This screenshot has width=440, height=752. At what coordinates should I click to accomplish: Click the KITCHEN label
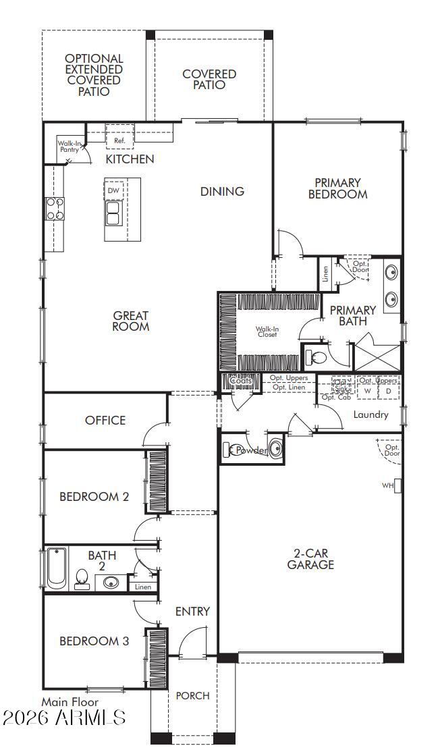[x=130, y=159]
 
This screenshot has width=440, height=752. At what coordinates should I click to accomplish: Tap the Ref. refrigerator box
[x=119, y=140]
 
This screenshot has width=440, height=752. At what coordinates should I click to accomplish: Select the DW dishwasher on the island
[x=113, y=190]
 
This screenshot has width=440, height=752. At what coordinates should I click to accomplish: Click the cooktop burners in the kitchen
[x=55, y=209]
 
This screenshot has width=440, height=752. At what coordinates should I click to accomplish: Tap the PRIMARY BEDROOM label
[x=337, y=188]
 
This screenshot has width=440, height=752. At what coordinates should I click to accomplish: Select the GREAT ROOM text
[x=131, y=321]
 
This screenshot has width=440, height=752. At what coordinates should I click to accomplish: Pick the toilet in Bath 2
[x=82, y=579]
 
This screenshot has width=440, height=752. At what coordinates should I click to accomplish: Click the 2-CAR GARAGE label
[x=310, y=559]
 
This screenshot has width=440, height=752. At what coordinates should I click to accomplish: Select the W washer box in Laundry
[x=368, y=391]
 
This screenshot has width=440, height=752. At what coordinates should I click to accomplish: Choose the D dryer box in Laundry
[x=389, y=391]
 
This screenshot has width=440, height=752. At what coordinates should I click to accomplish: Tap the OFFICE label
[x=105, y=420]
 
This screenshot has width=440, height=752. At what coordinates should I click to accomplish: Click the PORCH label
[x=192, y=695]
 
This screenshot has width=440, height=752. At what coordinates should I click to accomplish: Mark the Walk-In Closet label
[x=267, y=332]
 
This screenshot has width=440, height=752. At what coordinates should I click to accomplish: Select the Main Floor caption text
[x=70, y=702]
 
